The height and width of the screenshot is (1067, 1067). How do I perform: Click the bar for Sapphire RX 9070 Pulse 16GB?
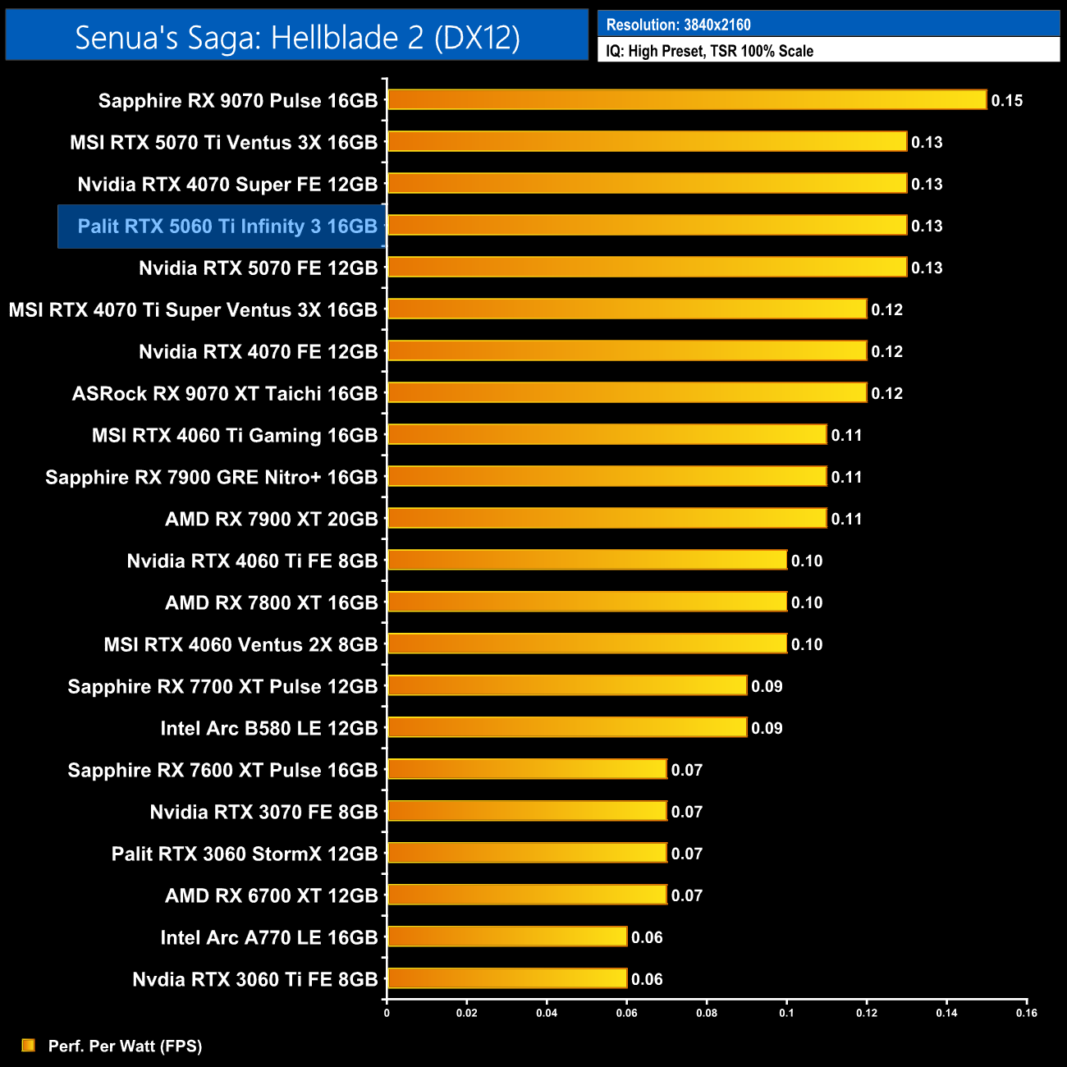(x=686, y=100)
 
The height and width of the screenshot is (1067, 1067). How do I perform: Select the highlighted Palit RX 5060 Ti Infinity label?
(x=227, y=227)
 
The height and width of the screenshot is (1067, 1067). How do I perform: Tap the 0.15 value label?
(x=1006, y=101)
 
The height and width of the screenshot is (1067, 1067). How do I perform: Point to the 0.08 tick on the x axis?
(x=707, y=1013)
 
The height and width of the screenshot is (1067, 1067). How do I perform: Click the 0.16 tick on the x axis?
(x=1027, y=1013)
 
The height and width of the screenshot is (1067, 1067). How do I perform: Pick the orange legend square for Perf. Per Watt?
(x=29, y=1045)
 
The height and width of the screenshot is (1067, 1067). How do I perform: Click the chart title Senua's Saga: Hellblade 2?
(x=297, y=37)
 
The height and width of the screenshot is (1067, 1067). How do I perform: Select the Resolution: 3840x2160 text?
(x=678, y=25)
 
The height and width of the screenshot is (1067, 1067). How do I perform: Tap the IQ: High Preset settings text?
(x=709, y=51)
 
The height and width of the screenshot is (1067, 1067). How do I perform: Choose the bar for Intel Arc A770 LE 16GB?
(x=507, y=936)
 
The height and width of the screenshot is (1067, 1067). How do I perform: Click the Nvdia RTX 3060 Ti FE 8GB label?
(x=255, y=979)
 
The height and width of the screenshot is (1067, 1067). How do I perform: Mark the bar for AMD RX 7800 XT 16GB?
(x=587, y=602)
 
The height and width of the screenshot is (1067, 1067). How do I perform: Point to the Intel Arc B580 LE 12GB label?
(x=269, y=728)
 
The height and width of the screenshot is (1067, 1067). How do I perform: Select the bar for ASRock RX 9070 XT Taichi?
(x=627, y=392)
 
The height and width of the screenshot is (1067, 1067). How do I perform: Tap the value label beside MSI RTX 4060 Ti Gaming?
(x=846, y=436)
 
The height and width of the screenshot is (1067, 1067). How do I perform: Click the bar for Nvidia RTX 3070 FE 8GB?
(x=527, y=811)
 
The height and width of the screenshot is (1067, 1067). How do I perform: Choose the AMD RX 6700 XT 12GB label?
(x=272, y=895)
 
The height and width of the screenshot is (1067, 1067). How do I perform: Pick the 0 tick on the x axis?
(x=387, y=1013)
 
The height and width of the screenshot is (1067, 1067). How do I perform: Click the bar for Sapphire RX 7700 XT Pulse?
(x=567, y=685)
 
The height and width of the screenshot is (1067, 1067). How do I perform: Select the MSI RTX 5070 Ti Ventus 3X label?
(x=224, y=143)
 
